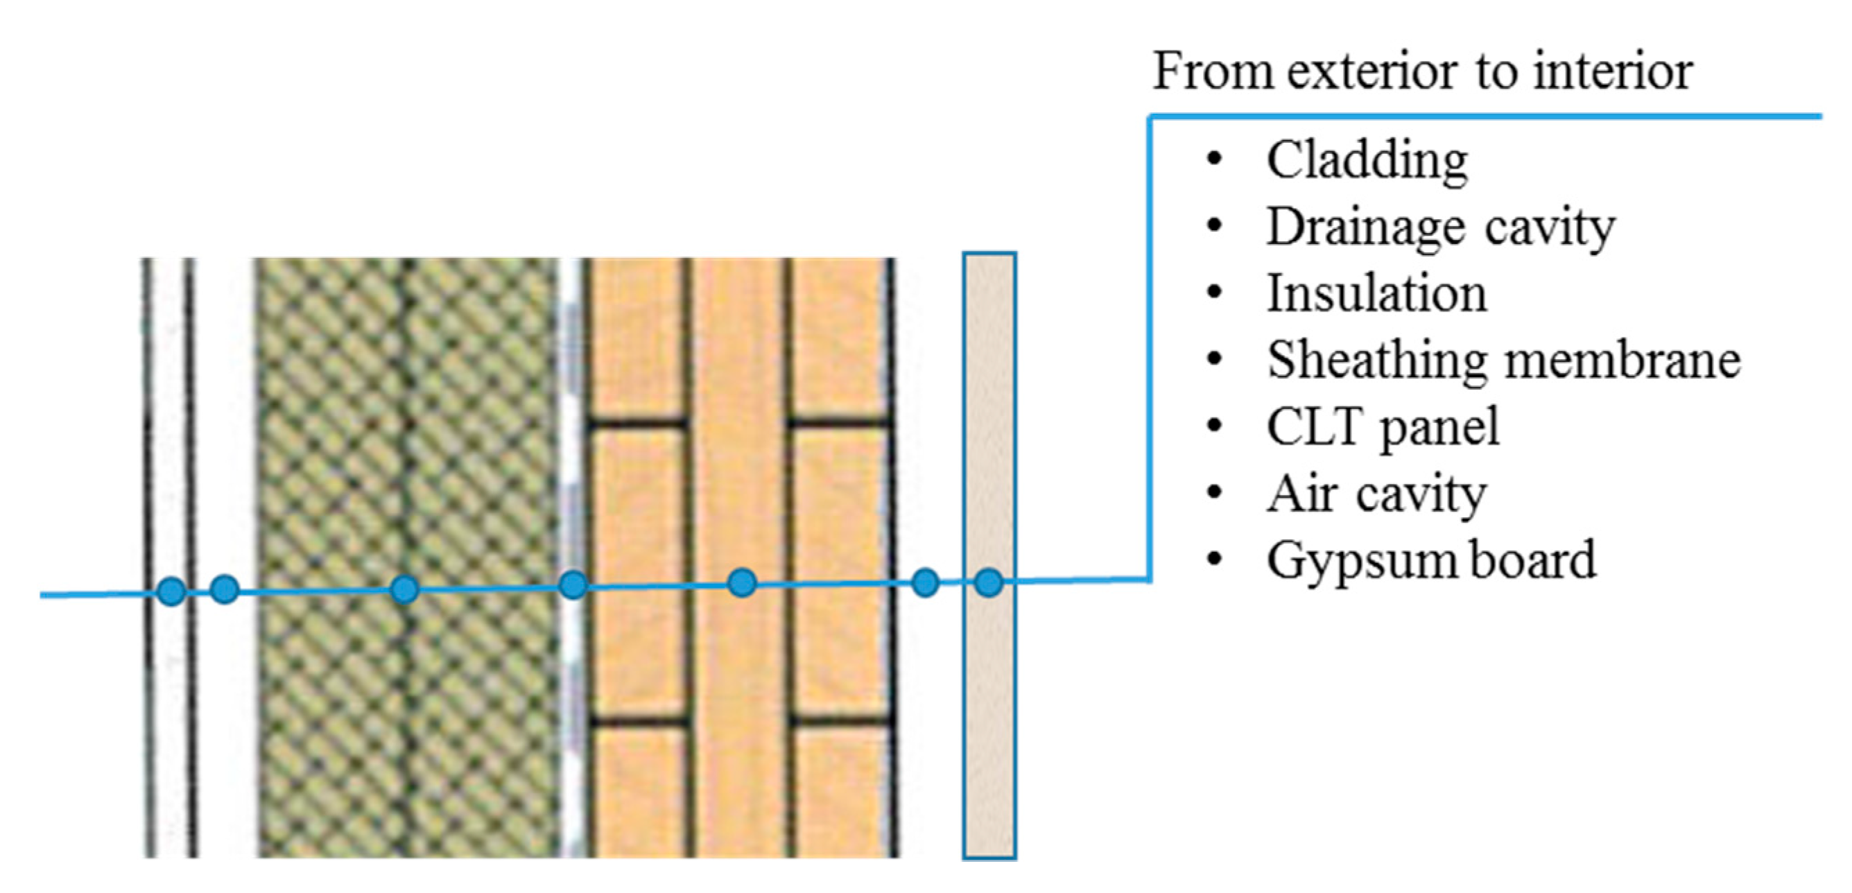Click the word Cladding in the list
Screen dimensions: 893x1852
1367,160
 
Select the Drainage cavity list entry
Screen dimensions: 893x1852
1440,227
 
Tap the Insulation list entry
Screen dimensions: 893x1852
1376,294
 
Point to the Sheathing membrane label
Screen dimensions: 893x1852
1503,361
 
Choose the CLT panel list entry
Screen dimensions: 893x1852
1383,427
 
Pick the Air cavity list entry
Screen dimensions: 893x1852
1376,494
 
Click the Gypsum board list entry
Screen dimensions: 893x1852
1430,560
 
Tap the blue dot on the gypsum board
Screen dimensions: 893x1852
989,582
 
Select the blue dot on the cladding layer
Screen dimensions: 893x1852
171,591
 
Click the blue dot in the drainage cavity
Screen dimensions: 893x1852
225,589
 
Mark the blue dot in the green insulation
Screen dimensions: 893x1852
404,589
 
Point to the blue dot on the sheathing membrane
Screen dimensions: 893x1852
573,585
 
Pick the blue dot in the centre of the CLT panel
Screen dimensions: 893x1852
742,582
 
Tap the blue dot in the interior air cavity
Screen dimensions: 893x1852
925,582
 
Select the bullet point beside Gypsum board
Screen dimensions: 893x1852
1214,559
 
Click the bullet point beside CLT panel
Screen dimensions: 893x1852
1214,426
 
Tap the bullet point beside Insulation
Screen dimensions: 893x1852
1214,293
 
